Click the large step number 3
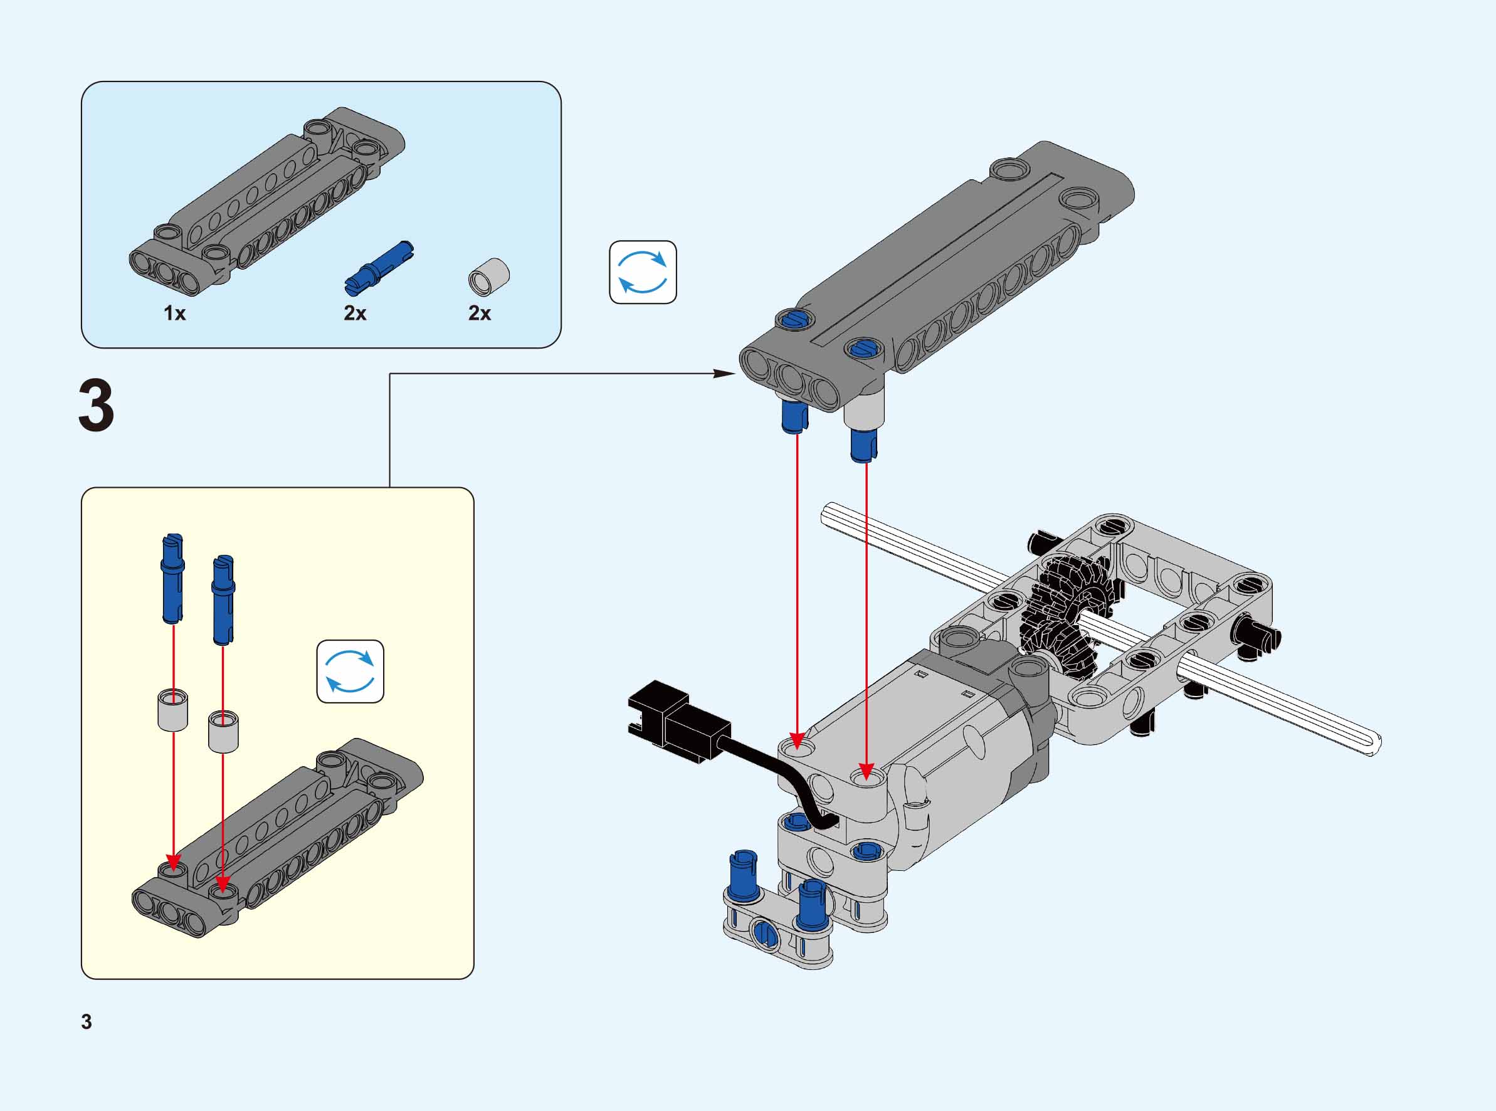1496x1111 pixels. coord(96,406)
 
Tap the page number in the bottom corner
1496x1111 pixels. coord(86,1021)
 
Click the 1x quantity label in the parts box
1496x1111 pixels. coord(175,313)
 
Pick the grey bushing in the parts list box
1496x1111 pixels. coord(489,276)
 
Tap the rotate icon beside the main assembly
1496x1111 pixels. coord(643,272)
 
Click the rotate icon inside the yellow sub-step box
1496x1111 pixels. coord(350,671)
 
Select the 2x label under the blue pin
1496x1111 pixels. coord(355,313)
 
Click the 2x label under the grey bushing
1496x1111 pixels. coord(480,313)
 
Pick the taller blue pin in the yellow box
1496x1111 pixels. coord(172,577)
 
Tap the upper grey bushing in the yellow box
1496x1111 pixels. coord(173,710)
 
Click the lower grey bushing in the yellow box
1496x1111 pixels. coord(223,731)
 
